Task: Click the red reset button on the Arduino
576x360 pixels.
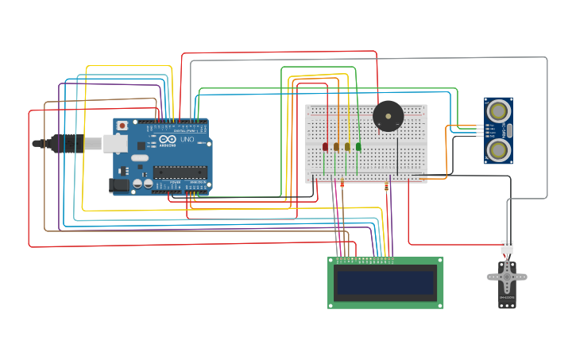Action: click(x=122, y=126)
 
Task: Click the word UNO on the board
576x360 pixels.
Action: click(x=187, y=139)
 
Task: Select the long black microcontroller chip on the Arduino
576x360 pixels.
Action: click(x=180, y=172)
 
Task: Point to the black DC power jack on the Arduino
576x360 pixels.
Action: click(x=118, y=185)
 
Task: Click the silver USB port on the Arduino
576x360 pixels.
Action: click(x=115, y=143)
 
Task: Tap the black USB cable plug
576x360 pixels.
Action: click(x=68, y=144)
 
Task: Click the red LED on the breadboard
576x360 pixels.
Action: click(x=325, y=146)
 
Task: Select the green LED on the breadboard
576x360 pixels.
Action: click(x=358, y=146)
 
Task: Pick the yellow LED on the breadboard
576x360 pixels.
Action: click(x=347, y=146)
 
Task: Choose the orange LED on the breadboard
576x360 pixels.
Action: click(x=336, y=146)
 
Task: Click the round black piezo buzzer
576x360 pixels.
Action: click(x=388, y=117)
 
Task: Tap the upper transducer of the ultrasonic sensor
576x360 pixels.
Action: click(x=498, y=110)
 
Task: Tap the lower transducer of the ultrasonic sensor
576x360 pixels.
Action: click(x=498, y=149)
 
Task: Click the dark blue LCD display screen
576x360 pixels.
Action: click(x=386, y=283)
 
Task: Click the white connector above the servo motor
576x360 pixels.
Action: click(x=506, y=246)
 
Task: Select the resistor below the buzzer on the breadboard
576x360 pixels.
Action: click(x=387, y=188)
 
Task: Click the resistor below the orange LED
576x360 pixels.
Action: click(x=342, y=185)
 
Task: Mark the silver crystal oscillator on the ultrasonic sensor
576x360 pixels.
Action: click(x=510, y=130)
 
